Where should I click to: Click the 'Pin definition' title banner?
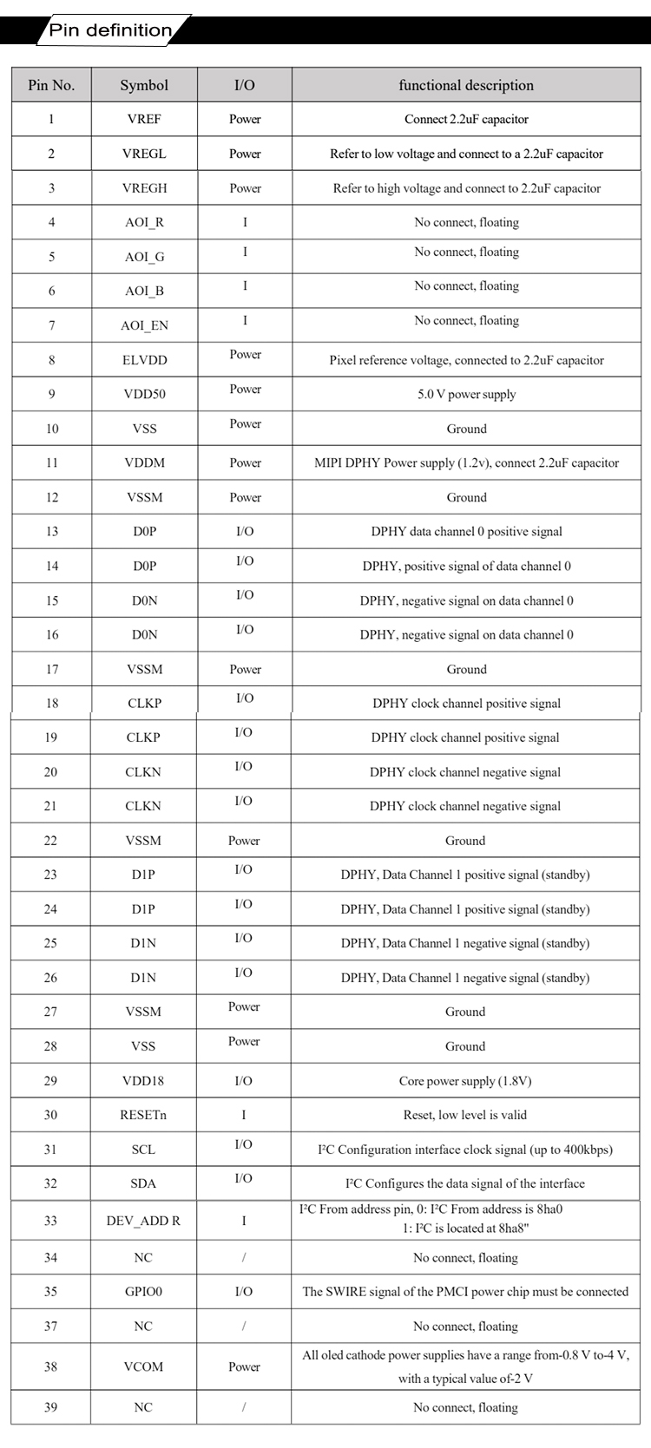pos(111,31)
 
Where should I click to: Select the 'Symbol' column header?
pos(144,85)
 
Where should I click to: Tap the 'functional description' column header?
pos(466,85)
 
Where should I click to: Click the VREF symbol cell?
pos(144,120)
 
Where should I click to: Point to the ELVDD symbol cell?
pos(144,360)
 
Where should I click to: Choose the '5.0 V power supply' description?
pos(466,395)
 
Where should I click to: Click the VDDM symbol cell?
pos(144,463)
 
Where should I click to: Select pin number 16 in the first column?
pos(52,635)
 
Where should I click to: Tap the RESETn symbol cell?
pos(143,1116)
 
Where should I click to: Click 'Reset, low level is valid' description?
pos(465,1116)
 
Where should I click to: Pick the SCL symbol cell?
pos(143,1150)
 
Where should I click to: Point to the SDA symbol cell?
pos(143,1184)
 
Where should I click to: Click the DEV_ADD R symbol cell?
pos(143,1221)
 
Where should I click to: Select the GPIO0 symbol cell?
pos(143,1292)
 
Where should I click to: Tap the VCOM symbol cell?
pos(143,1366)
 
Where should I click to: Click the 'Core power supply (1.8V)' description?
pos(465,1081)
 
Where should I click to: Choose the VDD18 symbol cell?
pos(143,1081)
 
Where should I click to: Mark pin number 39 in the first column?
pos(51,1407)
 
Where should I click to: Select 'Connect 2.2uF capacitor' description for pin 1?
pos(466,120)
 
